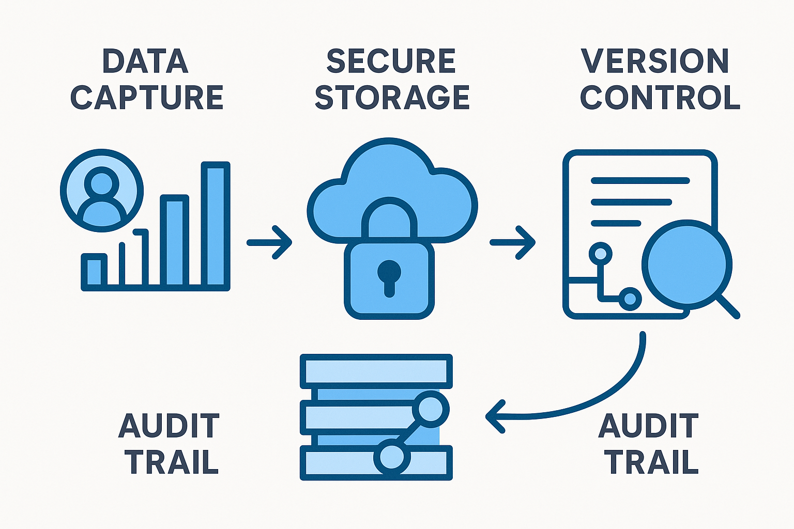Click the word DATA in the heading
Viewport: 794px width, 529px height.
145,61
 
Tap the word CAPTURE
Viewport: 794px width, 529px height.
147,98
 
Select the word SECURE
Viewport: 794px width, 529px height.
391,61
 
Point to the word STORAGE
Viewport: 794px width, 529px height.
392,98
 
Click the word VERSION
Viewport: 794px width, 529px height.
655,61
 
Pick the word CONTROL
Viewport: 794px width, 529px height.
660,98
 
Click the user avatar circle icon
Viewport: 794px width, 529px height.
101,190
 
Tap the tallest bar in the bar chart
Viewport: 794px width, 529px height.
216,225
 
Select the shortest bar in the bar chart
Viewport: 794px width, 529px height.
94,271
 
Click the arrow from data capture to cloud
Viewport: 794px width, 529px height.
269,242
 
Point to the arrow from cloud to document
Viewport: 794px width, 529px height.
512,242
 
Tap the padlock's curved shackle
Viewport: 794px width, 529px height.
389,212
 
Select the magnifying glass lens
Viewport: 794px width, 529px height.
686,264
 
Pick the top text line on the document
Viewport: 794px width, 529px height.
640,181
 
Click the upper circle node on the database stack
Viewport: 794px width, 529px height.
430,409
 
